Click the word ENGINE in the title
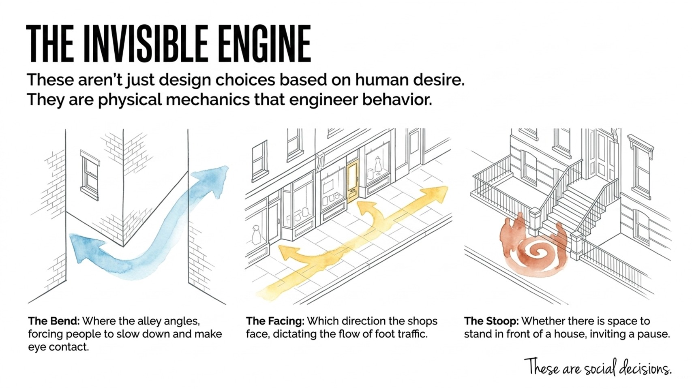264,44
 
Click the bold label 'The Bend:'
54,321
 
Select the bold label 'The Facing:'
275,321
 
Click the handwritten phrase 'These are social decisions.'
598,367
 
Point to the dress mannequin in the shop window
378,165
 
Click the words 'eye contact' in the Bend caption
58,347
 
